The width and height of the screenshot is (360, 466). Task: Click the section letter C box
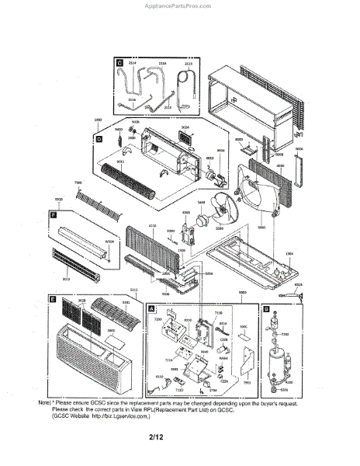[119, 61]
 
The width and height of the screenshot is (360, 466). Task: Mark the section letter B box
[266, 308]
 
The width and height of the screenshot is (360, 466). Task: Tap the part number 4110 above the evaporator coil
[152, 224]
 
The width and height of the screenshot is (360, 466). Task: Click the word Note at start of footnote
[47, 402]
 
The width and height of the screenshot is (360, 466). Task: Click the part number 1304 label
[289, 253]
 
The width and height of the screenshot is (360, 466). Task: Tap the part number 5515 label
[59, 199]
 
